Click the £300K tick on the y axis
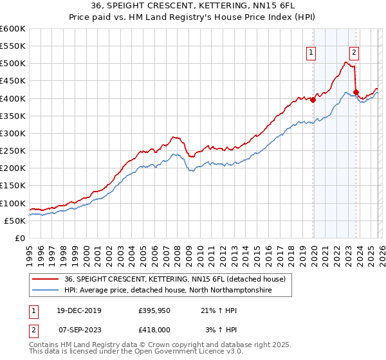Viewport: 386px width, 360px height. coord(13,133)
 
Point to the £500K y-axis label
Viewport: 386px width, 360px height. coord(13,64)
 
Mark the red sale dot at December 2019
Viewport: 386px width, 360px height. coord(313,100)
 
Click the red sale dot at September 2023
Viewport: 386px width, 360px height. coord(356,92)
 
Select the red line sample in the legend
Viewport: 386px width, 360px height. coord(46,279)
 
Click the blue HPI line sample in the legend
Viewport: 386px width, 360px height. coord(46,291)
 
